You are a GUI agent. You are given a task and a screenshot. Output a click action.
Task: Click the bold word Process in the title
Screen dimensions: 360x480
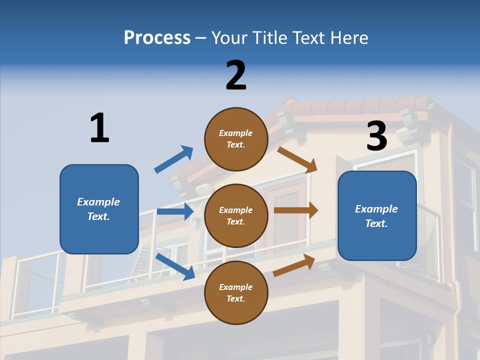pos(157,38)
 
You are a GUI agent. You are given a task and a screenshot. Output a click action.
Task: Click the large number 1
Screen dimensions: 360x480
pos(99,128)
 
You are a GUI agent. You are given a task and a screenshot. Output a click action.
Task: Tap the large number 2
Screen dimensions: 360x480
pos(236,75)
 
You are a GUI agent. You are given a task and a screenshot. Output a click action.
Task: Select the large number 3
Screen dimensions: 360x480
pos(377,136)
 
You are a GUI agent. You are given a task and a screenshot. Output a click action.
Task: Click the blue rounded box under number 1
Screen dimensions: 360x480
pos(99,209)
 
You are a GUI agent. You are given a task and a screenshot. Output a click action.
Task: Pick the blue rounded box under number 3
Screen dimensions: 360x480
pos(377,215)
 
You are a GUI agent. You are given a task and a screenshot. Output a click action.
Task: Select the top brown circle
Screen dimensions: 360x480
pos(236,139)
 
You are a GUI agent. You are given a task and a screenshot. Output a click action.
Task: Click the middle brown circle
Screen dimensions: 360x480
pos(236,215)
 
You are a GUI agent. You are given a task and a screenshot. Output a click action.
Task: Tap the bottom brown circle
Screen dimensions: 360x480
pos(236,292)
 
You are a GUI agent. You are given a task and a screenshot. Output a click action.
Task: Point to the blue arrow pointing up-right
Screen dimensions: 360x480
pos(174,159)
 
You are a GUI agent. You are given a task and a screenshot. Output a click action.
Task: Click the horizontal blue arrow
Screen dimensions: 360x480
pos(175,211)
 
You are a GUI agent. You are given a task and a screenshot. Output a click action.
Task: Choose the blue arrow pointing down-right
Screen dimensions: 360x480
pos(175,266)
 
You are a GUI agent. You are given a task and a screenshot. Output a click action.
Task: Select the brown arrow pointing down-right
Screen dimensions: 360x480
pos(297,159)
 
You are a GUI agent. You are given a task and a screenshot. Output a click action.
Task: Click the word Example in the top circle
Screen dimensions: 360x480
pos(236,133)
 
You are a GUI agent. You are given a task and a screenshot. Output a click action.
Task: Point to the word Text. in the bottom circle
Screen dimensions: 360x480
pos(236,298)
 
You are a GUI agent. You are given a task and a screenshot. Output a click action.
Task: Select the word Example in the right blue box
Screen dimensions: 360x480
pos(376,209)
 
